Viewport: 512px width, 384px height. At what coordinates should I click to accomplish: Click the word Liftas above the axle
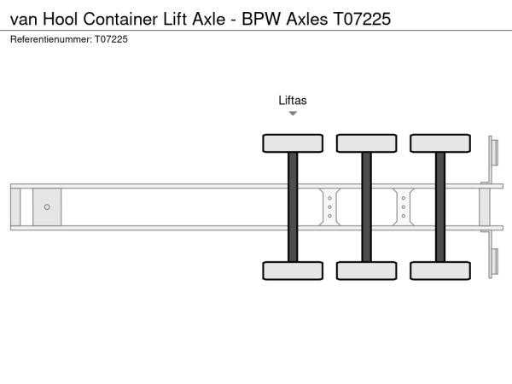(293, 100)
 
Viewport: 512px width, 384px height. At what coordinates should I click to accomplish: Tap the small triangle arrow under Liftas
(293, 113)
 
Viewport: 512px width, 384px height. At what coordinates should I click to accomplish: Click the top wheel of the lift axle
(293, 143)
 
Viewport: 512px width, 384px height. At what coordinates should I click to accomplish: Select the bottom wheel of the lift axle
(293, 271)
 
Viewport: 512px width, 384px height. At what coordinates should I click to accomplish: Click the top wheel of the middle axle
(367, 143)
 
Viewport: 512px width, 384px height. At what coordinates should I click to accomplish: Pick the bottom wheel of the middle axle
(367, 271)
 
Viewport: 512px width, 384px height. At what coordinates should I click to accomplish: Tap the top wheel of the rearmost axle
(440, 143)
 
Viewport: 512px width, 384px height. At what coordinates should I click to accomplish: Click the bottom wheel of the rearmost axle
(440, 271)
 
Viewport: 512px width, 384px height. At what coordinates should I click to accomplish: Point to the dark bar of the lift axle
(293, 207)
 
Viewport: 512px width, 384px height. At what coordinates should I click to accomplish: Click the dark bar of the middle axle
(367, 207)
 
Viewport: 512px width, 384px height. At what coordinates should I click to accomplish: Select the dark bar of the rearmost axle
(440, 207)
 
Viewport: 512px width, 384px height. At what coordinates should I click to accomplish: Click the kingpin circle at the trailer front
(47, 207)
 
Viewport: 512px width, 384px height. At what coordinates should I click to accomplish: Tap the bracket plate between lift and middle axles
(329, 207)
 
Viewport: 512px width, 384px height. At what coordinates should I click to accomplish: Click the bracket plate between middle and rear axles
(404, 207)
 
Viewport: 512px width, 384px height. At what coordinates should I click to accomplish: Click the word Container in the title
(120, 19)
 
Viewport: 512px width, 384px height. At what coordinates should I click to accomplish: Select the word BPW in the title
(261, 19)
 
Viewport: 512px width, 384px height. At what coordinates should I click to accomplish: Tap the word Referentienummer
(51, 39)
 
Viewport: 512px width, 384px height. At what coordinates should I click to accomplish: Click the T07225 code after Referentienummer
(111, 39)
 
